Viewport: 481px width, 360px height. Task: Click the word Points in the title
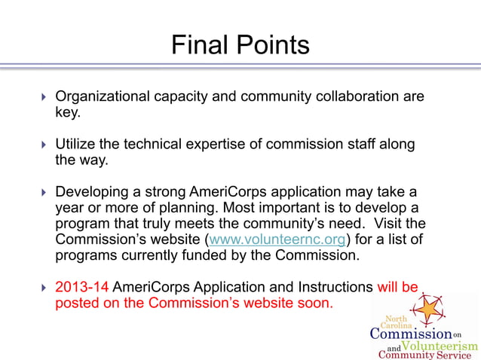click(x=272, y=45)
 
